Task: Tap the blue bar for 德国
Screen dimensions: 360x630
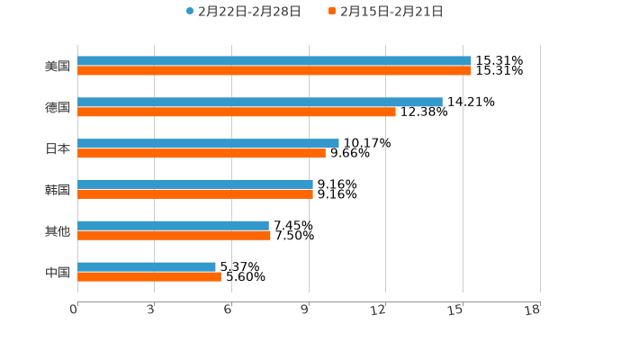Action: coord(260,103)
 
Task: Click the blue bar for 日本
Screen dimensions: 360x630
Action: coord(208,143)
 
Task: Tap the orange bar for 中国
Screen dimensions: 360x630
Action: coord(149,277)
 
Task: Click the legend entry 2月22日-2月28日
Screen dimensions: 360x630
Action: coord(243,12)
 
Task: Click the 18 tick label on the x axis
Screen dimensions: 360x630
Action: coord(533,310)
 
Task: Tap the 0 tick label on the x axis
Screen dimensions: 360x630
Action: coord(75,310)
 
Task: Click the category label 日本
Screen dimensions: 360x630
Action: coord(57,148)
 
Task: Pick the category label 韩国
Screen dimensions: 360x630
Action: coord(57,190)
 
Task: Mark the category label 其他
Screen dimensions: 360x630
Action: coord(57,230)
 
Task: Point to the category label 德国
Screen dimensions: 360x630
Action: coord(57,108)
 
